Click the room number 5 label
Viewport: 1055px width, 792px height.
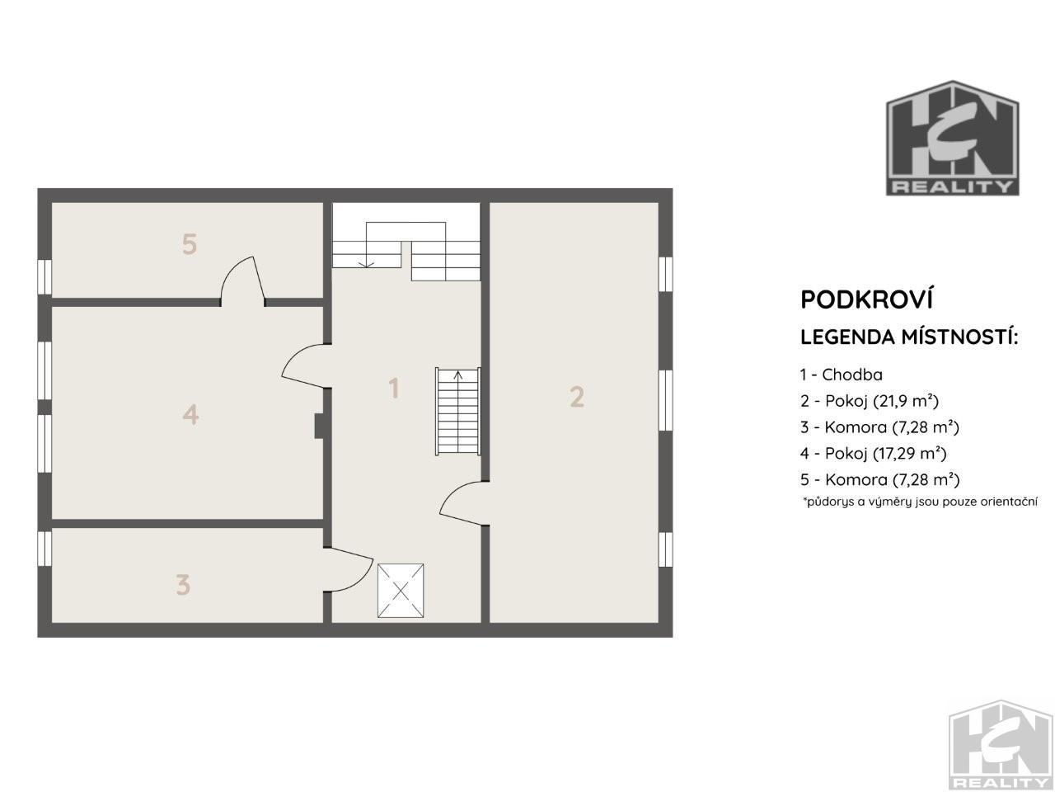tap(190, 244)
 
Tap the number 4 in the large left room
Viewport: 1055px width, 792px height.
tap(191, 414)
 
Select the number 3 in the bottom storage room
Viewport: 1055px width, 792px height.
tap(183, 585)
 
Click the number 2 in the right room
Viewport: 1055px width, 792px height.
tap(577, 397)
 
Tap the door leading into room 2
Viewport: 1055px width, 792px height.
tap(464, 503)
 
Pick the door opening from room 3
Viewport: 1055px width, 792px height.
tap(349, 570)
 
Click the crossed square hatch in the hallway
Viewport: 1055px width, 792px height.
tap(401, 591)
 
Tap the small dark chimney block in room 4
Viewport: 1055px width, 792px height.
tap(319, 426)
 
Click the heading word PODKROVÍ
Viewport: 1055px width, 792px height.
tap(866, 299)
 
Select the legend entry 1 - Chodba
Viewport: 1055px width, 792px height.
tap(842, 375)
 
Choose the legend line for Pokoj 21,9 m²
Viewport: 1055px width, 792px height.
tap(869, 401)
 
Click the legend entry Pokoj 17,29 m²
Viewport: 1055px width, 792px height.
tap(874, 453)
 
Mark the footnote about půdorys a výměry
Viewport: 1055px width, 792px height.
tap(920, 502)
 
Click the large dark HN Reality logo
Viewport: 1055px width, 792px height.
tap(952, 138)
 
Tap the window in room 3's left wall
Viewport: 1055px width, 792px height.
tap(45, 549)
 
